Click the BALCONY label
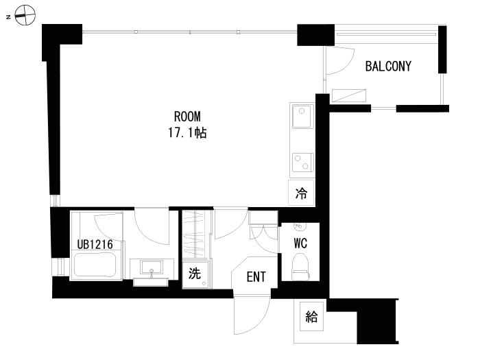pos(388,66)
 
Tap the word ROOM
pos(187,117)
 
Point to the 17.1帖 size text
pos(187,133)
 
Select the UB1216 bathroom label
pos(95,244)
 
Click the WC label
pos(300,243)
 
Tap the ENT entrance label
pos(256,277)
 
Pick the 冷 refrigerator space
pos(301,193)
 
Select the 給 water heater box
pos(311,317)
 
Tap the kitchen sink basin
pos(302,116)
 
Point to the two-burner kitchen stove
pos(303,163)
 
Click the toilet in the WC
pos(300,266)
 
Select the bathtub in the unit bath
pos(95,265)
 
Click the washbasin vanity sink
pos(152,267)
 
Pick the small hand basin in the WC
pos(300,227)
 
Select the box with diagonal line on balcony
pos(349,95)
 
